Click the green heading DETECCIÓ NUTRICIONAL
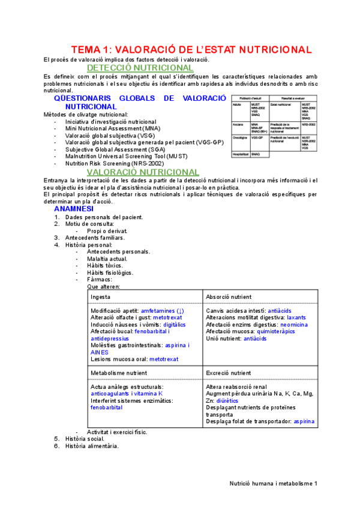coord(140,68)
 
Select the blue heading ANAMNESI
coord(76,209)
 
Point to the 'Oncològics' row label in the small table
coord(241,137)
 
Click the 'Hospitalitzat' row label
coord(242,154)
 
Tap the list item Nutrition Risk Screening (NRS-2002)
coord(115,163)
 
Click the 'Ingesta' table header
coord(100,297)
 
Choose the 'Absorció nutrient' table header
coord(229,297)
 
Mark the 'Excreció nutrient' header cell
coord(229,373)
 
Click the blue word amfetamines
coord(158,311)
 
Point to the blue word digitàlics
coord(162,324)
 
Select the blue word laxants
coord(296,318)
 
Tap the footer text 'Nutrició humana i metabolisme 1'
coord(274,483)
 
